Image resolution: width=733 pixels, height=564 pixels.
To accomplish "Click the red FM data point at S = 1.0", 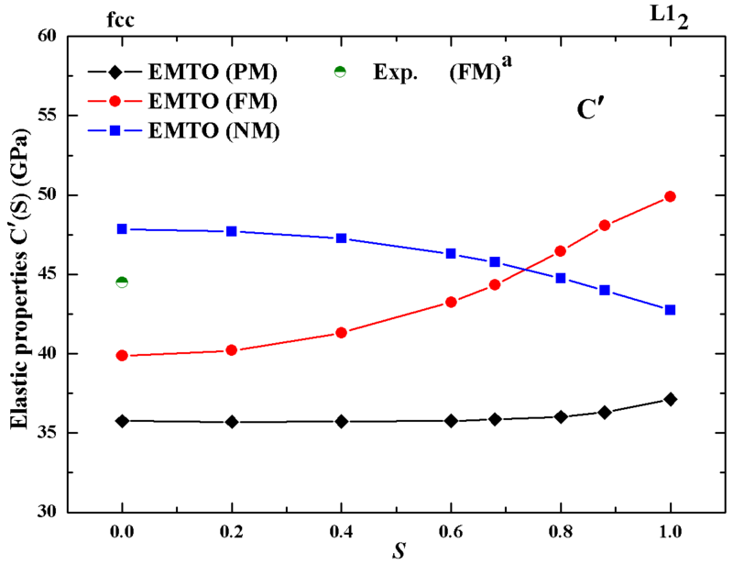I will coord(670,196).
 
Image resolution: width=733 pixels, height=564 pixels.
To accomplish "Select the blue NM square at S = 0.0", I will coord(122,228).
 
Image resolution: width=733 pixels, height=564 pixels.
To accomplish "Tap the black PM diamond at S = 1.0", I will coord(670,399).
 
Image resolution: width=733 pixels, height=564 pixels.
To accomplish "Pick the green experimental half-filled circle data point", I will coord(122,282).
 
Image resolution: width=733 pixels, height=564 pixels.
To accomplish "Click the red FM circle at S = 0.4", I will coord(341,333).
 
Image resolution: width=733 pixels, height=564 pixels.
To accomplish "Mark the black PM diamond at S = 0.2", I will coord(232,422).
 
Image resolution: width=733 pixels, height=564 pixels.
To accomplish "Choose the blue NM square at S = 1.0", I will coord(670,310).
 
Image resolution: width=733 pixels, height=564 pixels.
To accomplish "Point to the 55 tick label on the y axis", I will coord(70,116).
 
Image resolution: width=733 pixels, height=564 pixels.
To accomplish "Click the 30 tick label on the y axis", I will coord(70,512).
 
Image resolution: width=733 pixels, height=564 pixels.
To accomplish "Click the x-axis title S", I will coord(396,550).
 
